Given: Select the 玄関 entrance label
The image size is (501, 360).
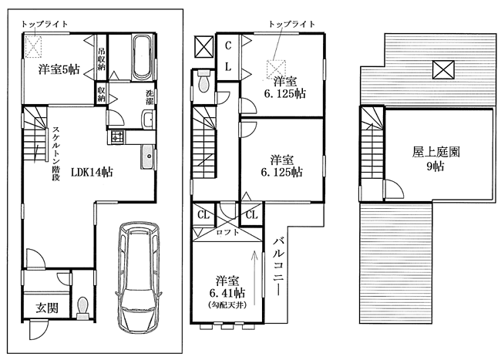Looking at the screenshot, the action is (x=47, y=308).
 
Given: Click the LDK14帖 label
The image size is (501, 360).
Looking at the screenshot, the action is (x=92, y=173).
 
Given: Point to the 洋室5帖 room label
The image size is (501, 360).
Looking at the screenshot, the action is (x=59, y=69).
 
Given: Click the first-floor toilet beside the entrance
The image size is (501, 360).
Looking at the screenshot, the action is (x=82, y=308).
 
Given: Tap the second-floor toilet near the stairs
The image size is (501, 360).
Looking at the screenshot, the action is (x=203, y=81).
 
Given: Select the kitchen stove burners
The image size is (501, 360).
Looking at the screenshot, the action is (x=116, y=136).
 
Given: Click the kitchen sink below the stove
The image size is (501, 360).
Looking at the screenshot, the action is (x=147, y=156).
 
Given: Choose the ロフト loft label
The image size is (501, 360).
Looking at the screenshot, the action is (x=227, y=232).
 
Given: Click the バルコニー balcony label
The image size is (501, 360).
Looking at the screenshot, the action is (x=277, y=267).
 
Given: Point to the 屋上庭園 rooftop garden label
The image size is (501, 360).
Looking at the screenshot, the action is (x=435, y=152).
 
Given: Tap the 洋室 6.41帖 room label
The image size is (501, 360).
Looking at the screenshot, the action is (x=227, y=286).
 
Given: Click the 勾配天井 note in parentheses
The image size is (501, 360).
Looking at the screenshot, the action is (x=227, y=305).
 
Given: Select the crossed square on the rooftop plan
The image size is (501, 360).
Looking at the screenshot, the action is (x=443, y=69).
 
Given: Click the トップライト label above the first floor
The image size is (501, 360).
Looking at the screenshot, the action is (x=45, y=24).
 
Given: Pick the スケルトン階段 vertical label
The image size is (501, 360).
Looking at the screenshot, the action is (x=56, y=154).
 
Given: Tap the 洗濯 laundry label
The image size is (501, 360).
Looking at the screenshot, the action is (x=150, y=98).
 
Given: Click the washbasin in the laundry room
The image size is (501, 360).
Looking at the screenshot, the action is (x=148, y=119).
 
